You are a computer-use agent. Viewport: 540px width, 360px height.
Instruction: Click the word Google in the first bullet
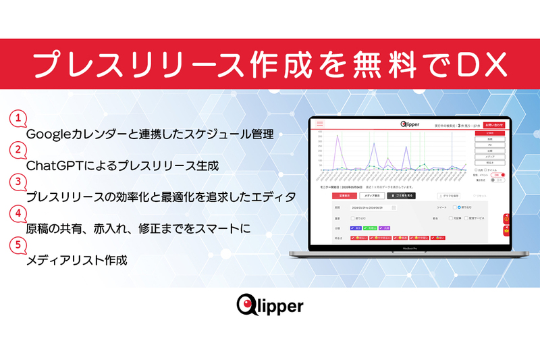(47, 134)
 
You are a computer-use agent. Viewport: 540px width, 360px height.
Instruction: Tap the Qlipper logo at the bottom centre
(270, 306)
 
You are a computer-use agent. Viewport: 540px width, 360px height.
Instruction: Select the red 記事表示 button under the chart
(344, 195)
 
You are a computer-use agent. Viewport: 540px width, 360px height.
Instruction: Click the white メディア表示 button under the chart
(372, 195)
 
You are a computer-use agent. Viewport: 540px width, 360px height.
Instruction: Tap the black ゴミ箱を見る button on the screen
(401, 195)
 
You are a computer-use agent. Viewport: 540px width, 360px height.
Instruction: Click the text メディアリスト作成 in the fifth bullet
(76, 260)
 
